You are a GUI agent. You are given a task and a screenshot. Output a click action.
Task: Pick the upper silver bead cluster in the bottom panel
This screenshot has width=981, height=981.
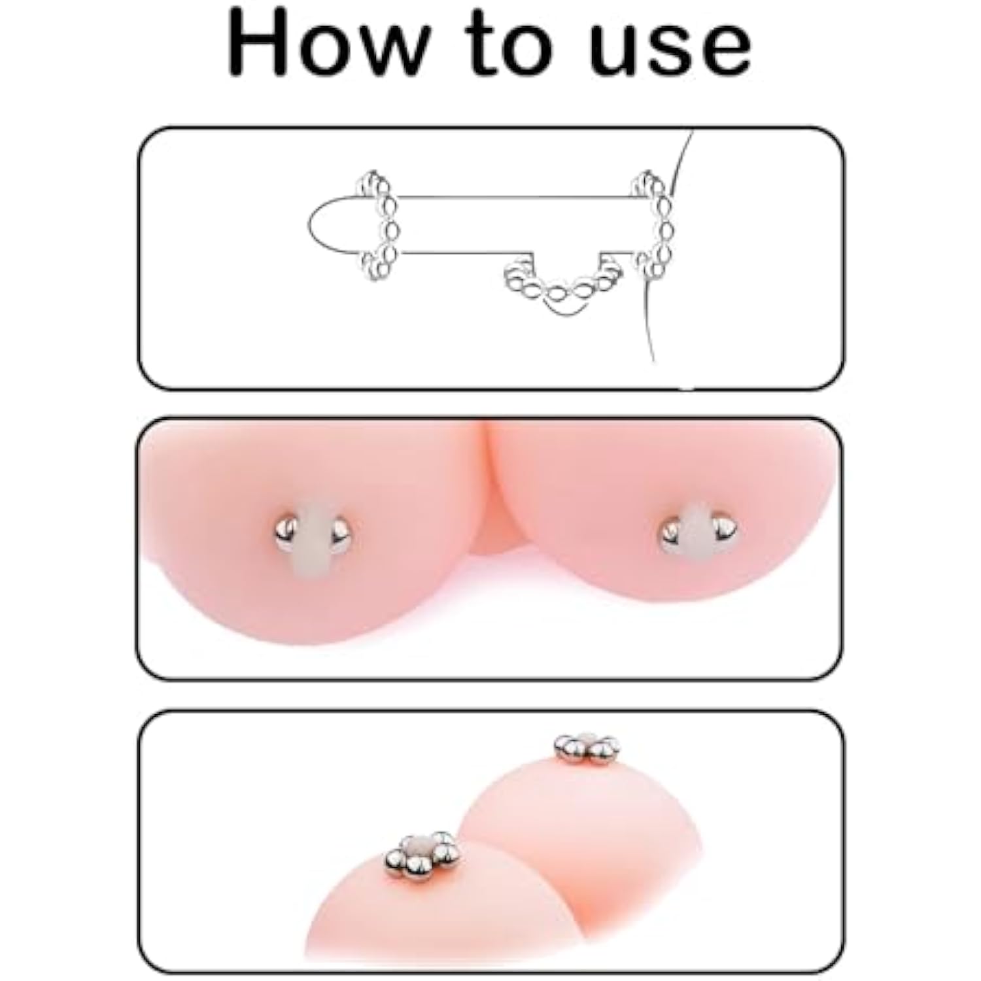(587, 748)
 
